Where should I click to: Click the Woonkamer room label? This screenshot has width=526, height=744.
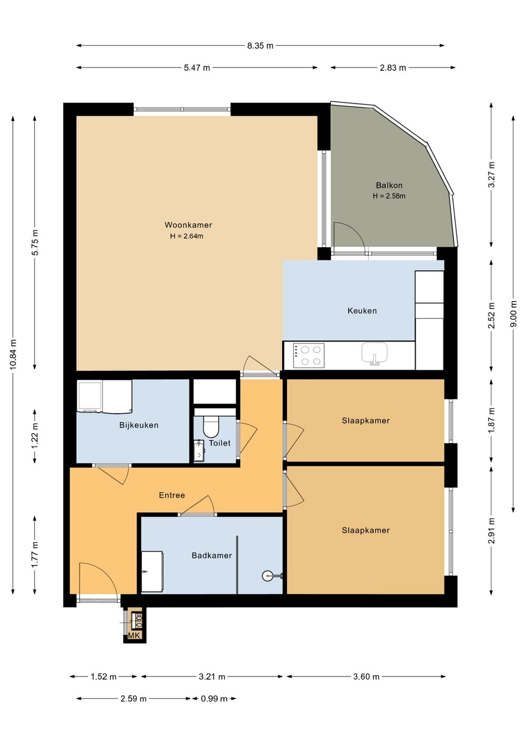point(188,225)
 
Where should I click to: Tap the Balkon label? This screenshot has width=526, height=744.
point(389,185)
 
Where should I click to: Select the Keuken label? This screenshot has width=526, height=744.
point(362,311)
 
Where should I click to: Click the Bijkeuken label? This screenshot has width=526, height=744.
point(139,425)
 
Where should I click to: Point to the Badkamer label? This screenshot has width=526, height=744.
point(211,555)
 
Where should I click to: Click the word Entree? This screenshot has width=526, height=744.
point(172,495)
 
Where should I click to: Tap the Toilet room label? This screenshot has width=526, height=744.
point(220,443)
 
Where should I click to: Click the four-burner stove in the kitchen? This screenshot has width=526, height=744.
point(308,355)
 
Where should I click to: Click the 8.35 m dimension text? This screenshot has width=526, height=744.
point(260,46)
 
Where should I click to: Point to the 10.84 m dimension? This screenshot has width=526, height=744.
point(13,354)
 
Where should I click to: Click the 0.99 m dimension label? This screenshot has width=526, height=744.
point(214,699)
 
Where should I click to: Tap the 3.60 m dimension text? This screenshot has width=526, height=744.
point(366,677)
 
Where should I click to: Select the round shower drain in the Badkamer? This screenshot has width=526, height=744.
point(267,575)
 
